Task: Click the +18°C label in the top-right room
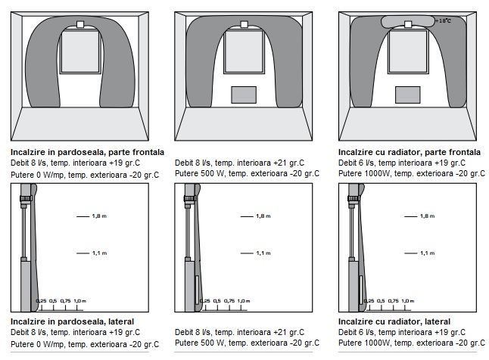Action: pyautogui.click(x=445, y=21)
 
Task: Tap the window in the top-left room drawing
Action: pyautogui.click(x=79, y=53)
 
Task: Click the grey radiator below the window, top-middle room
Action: pyautogui.click(x=243, y=94)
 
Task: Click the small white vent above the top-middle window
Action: pyautogui.click(x=244, y=24)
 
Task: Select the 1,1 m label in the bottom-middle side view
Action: pyautogui.click(x=263, y=253)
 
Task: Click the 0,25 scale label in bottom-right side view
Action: pyautogui.click(x=369, y=301)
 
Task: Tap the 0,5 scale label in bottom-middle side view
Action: pyautogui.click(x=217, y=301)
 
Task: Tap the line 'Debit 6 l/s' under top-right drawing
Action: pyautogui.click(x=357, y=163)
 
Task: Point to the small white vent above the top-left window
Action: pyautogui.click(x=79, y=24)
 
